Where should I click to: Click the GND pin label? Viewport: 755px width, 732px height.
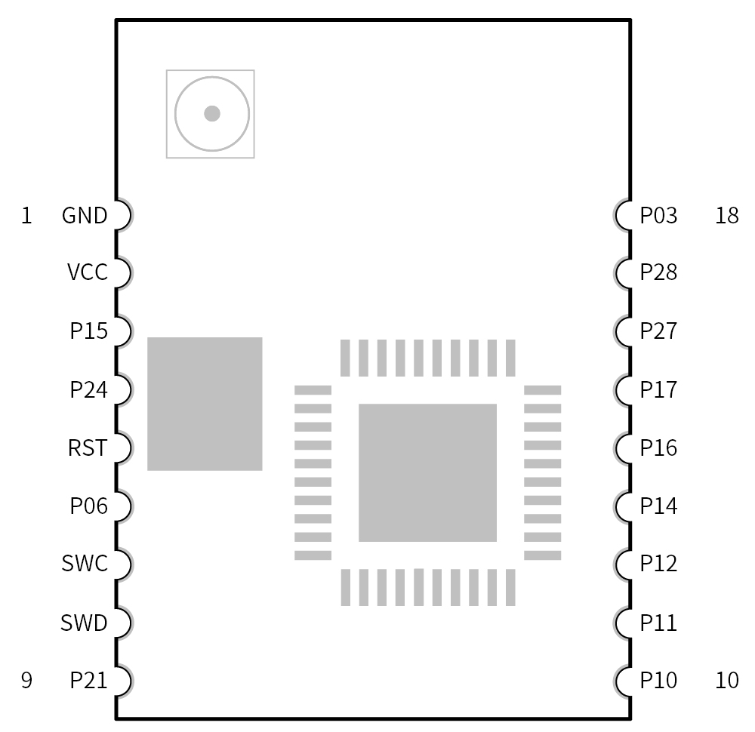coord(85,217)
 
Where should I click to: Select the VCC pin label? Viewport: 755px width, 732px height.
coord(88,272)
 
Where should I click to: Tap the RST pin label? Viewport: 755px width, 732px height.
coord(88,449)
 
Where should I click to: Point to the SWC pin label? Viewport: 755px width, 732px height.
coord(85,564)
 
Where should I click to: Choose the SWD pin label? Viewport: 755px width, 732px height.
coord(85,623)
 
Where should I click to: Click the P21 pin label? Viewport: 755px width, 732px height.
coord(88,681)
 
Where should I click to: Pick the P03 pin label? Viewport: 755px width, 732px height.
coord(658,217)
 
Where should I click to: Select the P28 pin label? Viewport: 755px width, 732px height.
coord(658,272)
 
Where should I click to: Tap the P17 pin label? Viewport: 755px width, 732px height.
coord(658,390)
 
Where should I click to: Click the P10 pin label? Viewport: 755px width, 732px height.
coord(658,681)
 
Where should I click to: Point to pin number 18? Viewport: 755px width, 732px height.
coord(726,217)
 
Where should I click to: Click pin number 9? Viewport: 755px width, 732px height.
coord(26,681)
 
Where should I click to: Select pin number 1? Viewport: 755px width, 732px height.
coord(26,217)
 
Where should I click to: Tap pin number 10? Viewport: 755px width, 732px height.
coord(726,681)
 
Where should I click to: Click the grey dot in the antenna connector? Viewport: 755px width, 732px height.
coord(212,114)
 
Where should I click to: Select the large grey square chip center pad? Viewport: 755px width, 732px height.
coord(427,472)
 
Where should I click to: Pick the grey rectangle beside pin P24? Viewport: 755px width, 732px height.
coord(205,404)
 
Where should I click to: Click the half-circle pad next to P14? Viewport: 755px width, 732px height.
coord(624,506)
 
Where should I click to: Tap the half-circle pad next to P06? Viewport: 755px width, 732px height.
coord(123,506)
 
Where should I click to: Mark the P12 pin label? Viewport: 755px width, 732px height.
coord(658,564)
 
